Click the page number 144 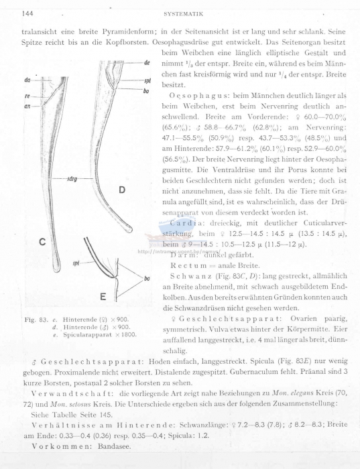[29, 13]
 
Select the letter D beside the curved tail [123, 190]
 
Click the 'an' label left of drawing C [27, 106]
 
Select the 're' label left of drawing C [27, 95]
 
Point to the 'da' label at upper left [27, 80]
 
